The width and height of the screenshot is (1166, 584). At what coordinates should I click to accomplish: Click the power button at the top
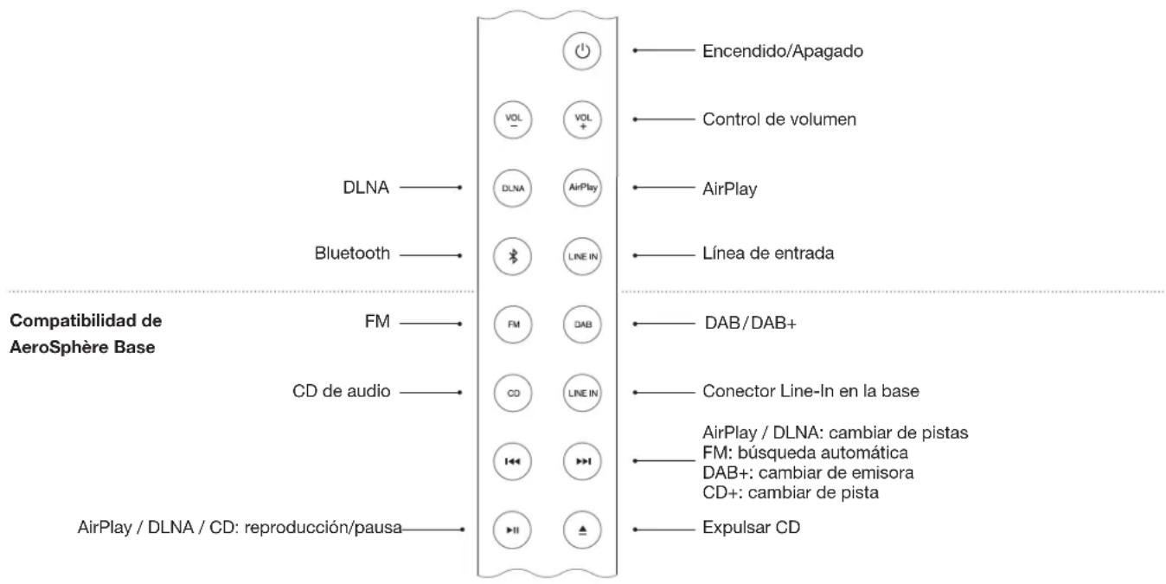pyautogui.click(x=582, y=52)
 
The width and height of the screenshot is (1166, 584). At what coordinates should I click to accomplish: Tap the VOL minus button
pyautogui.click(x=512, y=119)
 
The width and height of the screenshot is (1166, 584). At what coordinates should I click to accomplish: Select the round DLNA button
pyautogui.click(x=512, y=187)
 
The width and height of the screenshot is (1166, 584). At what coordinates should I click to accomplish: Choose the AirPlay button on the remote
pyautogui.click(x=582, y=187)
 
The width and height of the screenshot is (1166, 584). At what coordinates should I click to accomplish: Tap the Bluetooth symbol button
pyautogui.click(x=512, y=255)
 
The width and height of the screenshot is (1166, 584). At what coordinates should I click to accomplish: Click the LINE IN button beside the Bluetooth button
pyautogui.click(x=582, y=255)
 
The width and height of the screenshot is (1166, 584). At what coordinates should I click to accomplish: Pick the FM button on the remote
pyautogui.click(x=512, y=324)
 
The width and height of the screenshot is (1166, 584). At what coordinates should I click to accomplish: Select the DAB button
pyautogui.click(x=582, y=324)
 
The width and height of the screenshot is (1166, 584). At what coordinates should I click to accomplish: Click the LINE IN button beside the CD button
pyautogui.click(x=582, y=392)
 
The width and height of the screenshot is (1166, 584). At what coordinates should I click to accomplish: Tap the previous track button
pyautogui.click(x=512, y=460)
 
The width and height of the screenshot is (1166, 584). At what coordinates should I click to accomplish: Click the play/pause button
pyautogui.click(x=512, y=528)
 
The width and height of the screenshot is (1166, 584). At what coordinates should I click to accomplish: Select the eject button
pyautogui.click(x=582, y=528)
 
